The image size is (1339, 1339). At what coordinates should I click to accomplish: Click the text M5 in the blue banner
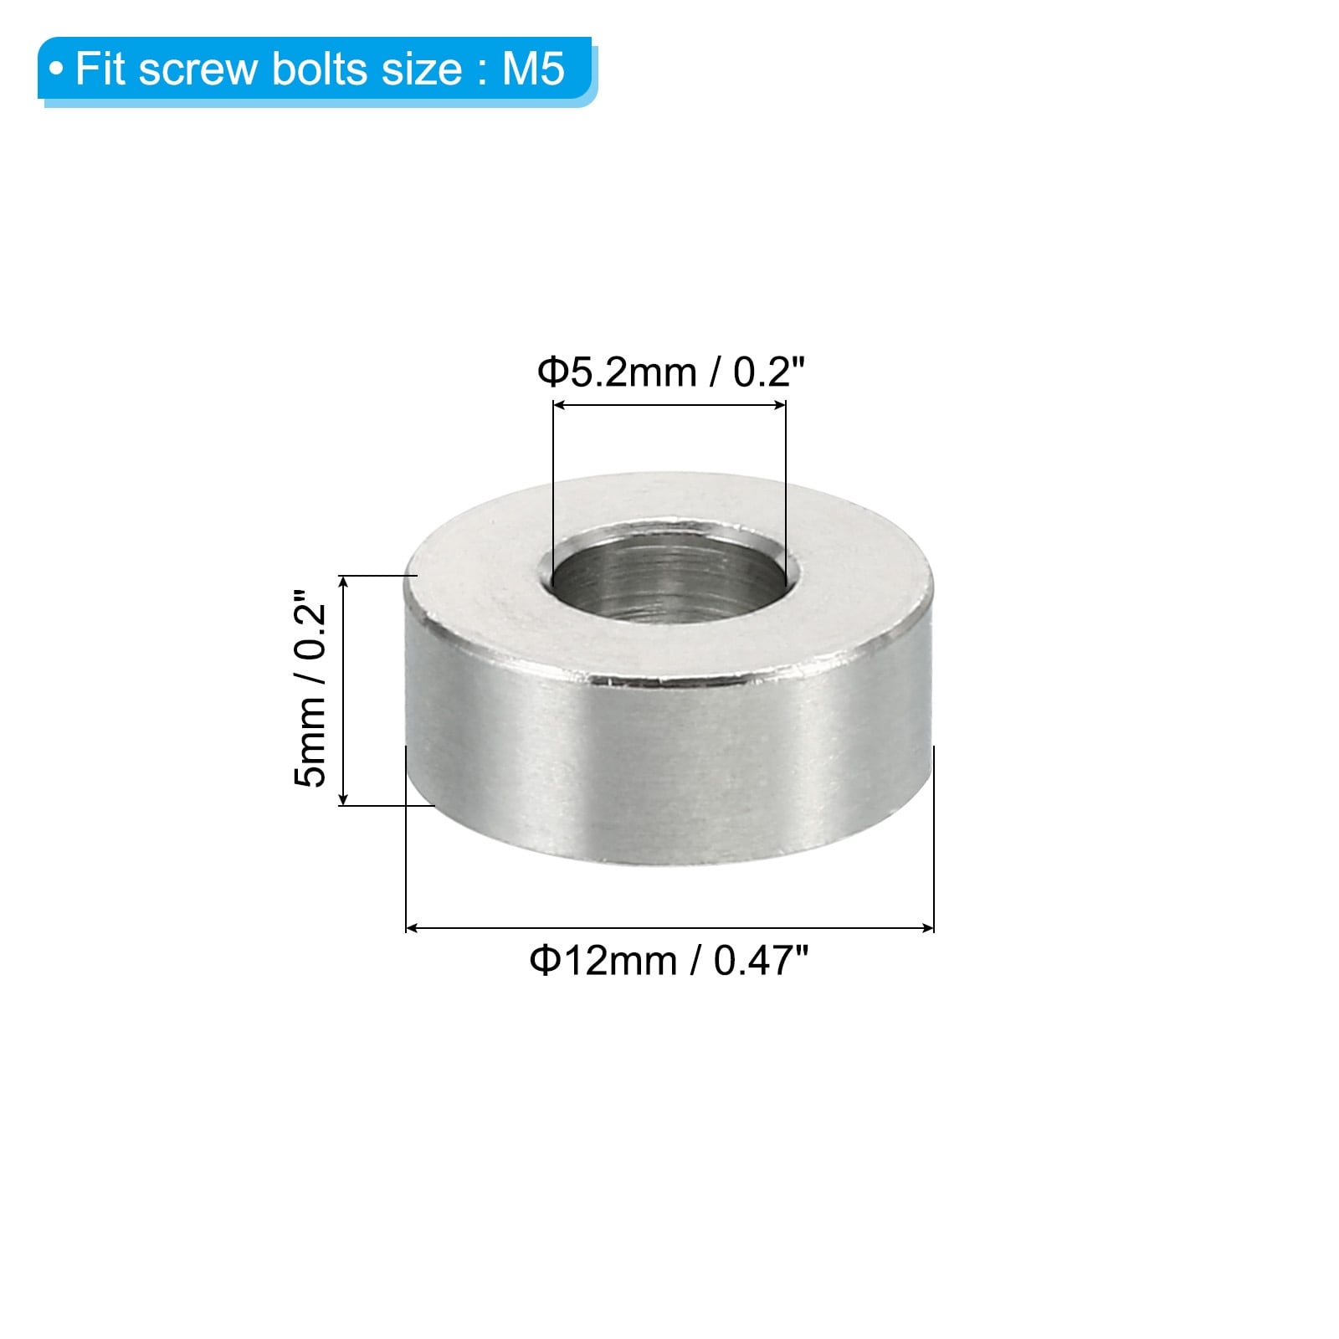pyautogui.click(x=533, y=68)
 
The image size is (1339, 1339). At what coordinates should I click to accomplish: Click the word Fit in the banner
pyautogui.click(x=101, y=68)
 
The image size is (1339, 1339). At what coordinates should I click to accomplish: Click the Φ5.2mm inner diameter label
pyautogui.click(x=617, y=372)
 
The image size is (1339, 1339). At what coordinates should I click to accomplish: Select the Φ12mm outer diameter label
pyautogui.click(x=603, y=960)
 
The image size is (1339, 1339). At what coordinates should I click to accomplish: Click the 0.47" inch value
pyautogui.click(x=762, y=960)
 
